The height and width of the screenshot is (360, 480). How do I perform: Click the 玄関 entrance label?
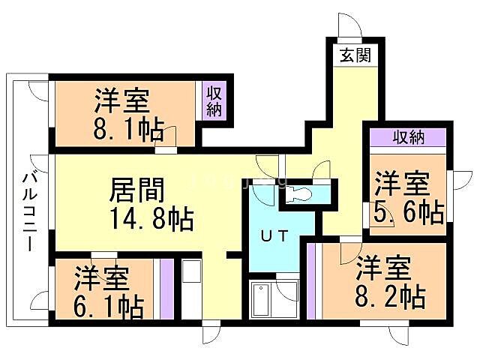[x=353, y=55]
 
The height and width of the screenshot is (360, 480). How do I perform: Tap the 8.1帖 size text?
[x=130, y=130]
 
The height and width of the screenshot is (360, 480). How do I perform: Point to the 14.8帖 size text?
[x=151, y=220]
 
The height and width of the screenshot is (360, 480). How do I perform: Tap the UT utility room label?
[x=274, y=235]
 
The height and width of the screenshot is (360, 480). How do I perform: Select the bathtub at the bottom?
[x=263, y=301]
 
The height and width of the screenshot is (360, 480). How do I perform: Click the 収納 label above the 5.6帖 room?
[x=408, y=137]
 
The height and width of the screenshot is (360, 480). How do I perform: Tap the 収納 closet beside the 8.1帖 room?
[x=214, y=101]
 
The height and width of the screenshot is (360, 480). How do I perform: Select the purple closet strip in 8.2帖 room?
[x=310, y=281]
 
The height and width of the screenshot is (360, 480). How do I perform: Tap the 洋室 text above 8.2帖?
[x=382, y=267]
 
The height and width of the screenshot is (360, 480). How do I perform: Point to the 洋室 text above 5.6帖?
[x=402, y=183]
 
